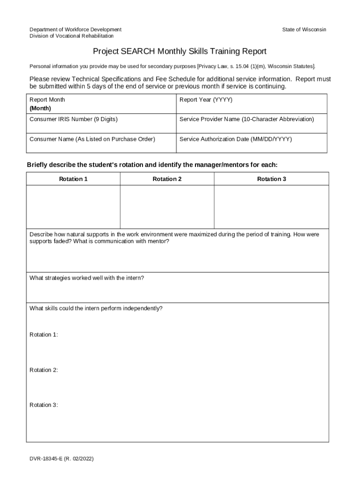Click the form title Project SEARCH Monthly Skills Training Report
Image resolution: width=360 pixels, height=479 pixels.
coord(179,51)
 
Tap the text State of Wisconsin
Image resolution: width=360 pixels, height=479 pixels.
coord(304,29)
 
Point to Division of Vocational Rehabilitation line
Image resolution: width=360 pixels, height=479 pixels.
coord(72,36)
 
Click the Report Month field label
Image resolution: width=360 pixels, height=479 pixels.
coord(47,100)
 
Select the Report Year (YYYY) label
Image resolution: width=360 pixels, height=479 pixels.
coord(206,100)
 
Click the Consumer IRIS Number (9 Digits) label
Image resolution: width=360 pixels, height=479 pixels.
coord(73,119)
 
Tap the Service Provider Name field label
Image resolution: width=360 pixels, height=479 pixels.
coord(246,119)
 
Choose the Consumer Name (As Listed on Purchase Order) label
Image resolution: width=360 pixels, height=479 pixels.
coord(92,139)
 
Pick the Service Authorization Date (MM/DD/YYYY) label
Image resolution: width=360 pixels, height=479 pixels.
coord(235,139)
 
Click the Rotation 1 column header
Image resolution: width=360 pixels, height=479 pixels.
coord(73,179)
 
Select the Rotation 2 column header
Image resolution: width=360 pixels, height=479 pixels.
coord(167,179)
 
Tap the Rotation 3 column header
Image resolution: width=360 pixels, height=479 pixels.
coord(271,179)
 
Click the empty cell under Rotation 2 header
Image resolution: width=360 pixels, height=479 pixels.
coord(167,207)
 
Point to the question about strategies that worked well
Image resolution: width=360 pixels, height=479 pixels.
coord(86,278)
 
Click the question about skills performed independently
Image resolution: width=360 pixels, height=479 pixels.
coord(96,308)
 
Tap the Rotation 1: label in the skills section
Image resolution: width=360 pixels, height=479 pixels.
coord(43,334)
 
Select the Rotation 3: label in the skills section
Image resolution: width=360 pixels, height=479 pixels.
coord(43,405)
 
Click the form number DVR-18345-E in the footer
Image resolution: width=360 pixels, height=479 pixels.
coord(61,459)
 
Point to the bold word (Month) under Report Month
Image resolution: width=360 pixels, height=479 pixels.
coord(40,108)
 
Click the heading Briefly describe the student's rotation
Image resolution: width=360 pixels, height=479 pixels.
coord(152,165)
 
